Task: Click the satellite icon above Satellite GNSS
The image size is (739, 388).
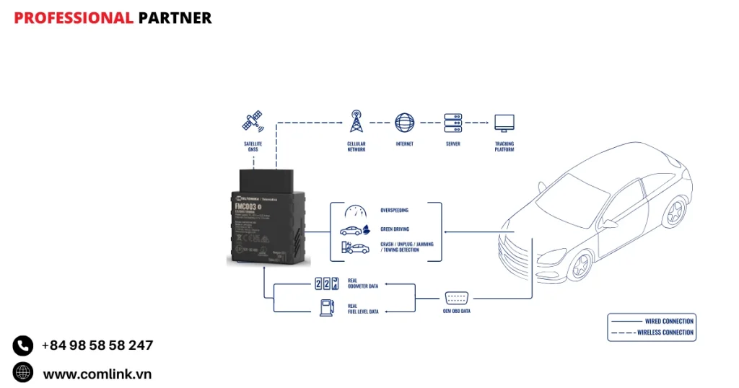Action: point(253,121)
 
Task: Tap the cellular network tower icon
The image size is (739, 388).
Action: point(356,121)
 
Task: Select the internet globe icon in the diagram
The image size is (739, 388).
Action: point(405,122)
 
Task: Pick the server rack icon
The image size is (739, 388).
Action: point(453,122)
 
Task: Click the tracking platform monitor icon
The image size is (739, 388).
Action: point(504,122)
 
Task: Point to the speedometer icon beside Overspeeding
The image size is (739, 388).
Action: point(355,211)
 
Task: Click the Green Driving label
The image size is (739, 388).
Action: point(394,229)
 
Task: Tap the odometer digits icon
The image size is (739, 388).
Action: point(327,284)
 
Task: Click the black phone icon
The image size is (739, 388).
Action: point(23,346)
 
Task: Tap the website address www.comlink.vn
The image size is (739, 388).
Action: point(97,374)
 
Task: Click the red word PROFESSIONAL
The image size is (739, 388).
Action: point(74,18)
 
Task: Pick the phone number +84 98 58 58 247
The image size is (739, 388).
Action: point(97,345)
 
